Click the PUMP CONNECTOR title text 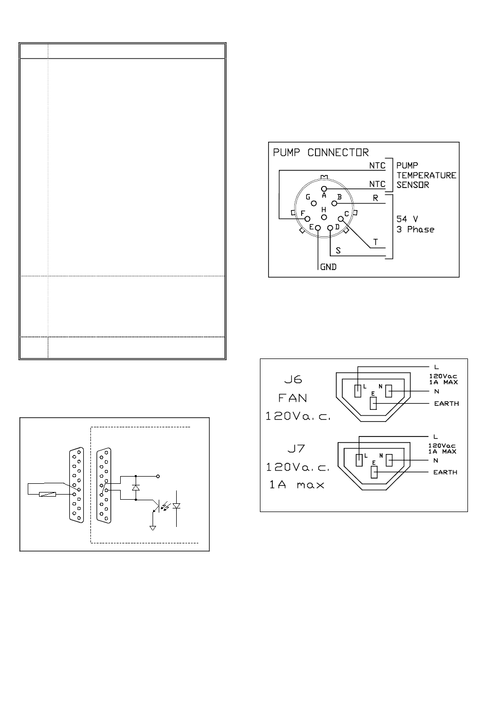[321, 152]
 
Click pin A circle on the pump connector [324, 188]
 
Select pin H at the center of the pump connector [324, 217]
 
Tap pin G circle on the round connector [314, 203]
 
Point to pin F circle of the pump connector [308, 219]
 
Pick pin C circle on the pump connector [341, 219]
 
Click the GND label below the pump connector [328, 267]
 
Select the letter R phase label [376, 198]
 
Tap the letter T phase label [376, 242]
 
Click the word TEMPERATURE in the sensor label [426, 175]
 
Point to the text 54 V [407, 219]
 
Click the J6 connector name [293, 380]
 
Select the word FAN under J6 [292, 398]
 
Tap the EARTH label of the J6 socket [446, 404]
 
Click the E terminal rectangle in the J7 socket [374, 473]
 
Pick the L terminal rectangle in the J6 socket [358, 391]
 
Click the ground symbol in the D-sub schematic [153, 528]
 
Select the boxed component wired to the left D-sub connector [47, 494]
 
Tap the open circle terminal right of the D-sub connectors [158, 477]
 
